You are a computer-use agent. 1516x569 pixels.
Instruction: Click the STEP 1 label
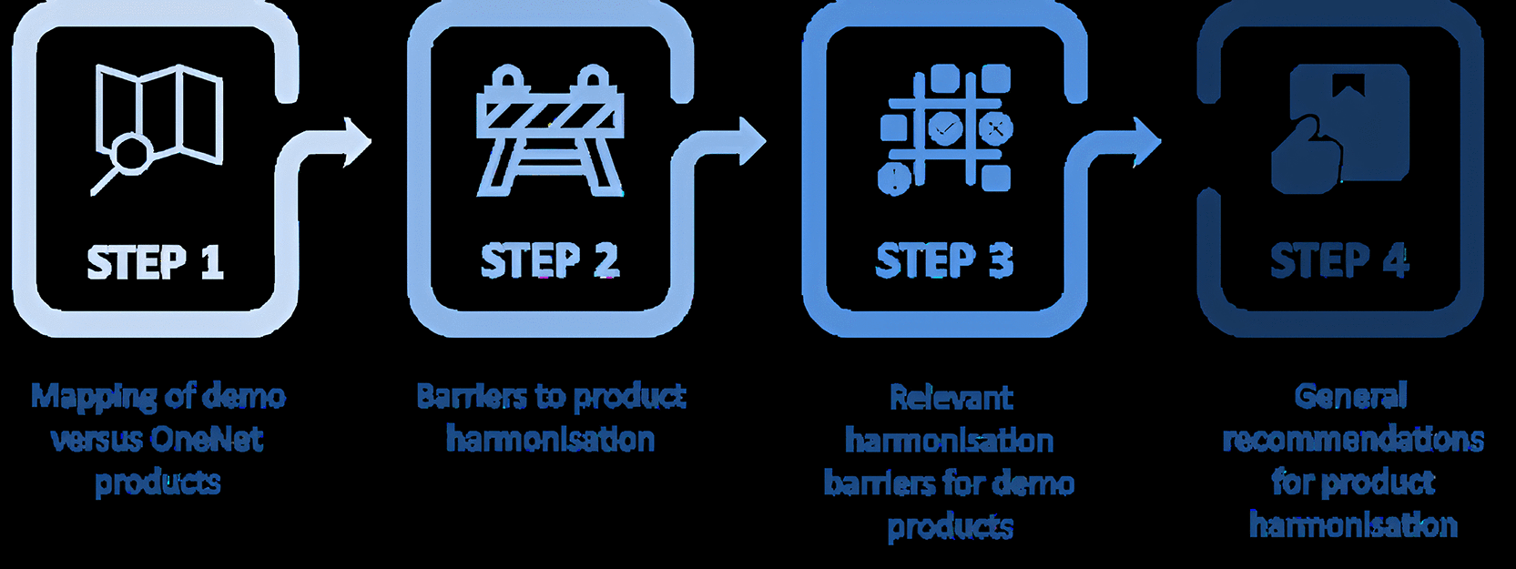[155, 262]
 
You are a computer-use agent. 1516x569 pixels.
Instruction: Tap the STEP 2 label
[550, 261]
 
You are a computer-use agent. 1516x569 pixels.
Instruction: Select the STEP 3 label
[945, 261]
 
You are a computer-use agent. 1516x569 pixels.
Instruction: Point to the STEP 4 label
[1339, 261]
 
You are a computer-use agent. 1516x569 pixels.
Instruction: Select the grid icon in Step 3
[945, 130]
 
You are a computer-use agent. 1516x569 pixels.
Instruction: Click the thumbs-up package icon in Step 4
[1340, 128]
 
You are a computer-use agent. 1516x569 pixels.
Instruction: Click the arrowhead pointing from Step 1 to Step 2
[357, 142]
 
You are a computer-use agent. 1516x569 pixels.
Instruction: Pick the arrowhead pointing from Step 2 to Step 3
[752, 142]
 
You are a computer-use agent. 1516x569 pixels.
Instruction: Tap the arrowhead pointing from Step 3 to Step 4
[1147, 142]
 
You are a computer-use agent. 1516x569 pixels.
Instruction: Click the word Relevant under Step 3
[951, 398]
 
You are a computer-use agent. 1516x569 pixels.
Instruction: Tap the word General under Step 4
[1351, 396]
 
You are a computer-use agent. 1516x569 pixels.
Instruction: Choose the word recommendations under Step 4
[1354, 440]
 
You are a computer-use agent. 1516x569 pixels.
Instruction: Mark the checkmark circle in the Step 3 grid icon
[944, 127]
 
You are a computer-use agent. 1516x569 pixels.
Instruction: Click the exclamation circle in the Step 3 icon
[895, 178]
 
